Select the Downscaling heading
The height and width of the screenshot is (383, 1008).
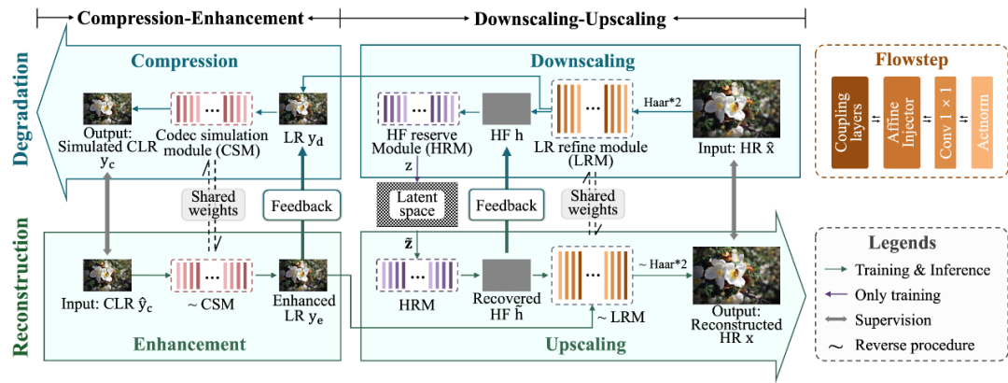[582, 62]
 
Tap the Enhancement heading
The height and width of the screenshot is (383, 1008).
[189, 344]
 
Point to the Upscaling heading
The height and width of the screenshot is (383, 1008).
[584, 345]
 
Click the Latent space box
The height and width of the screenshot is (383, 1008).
[416, 205]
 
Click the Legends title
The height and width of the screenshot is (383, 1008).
[901, 243]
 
